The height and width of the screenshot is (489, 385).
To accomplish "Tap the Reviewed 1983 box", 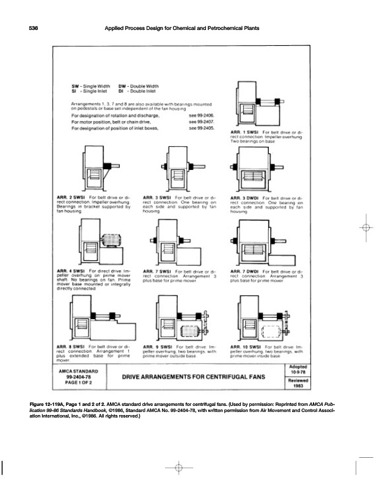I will pos(299,383).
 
